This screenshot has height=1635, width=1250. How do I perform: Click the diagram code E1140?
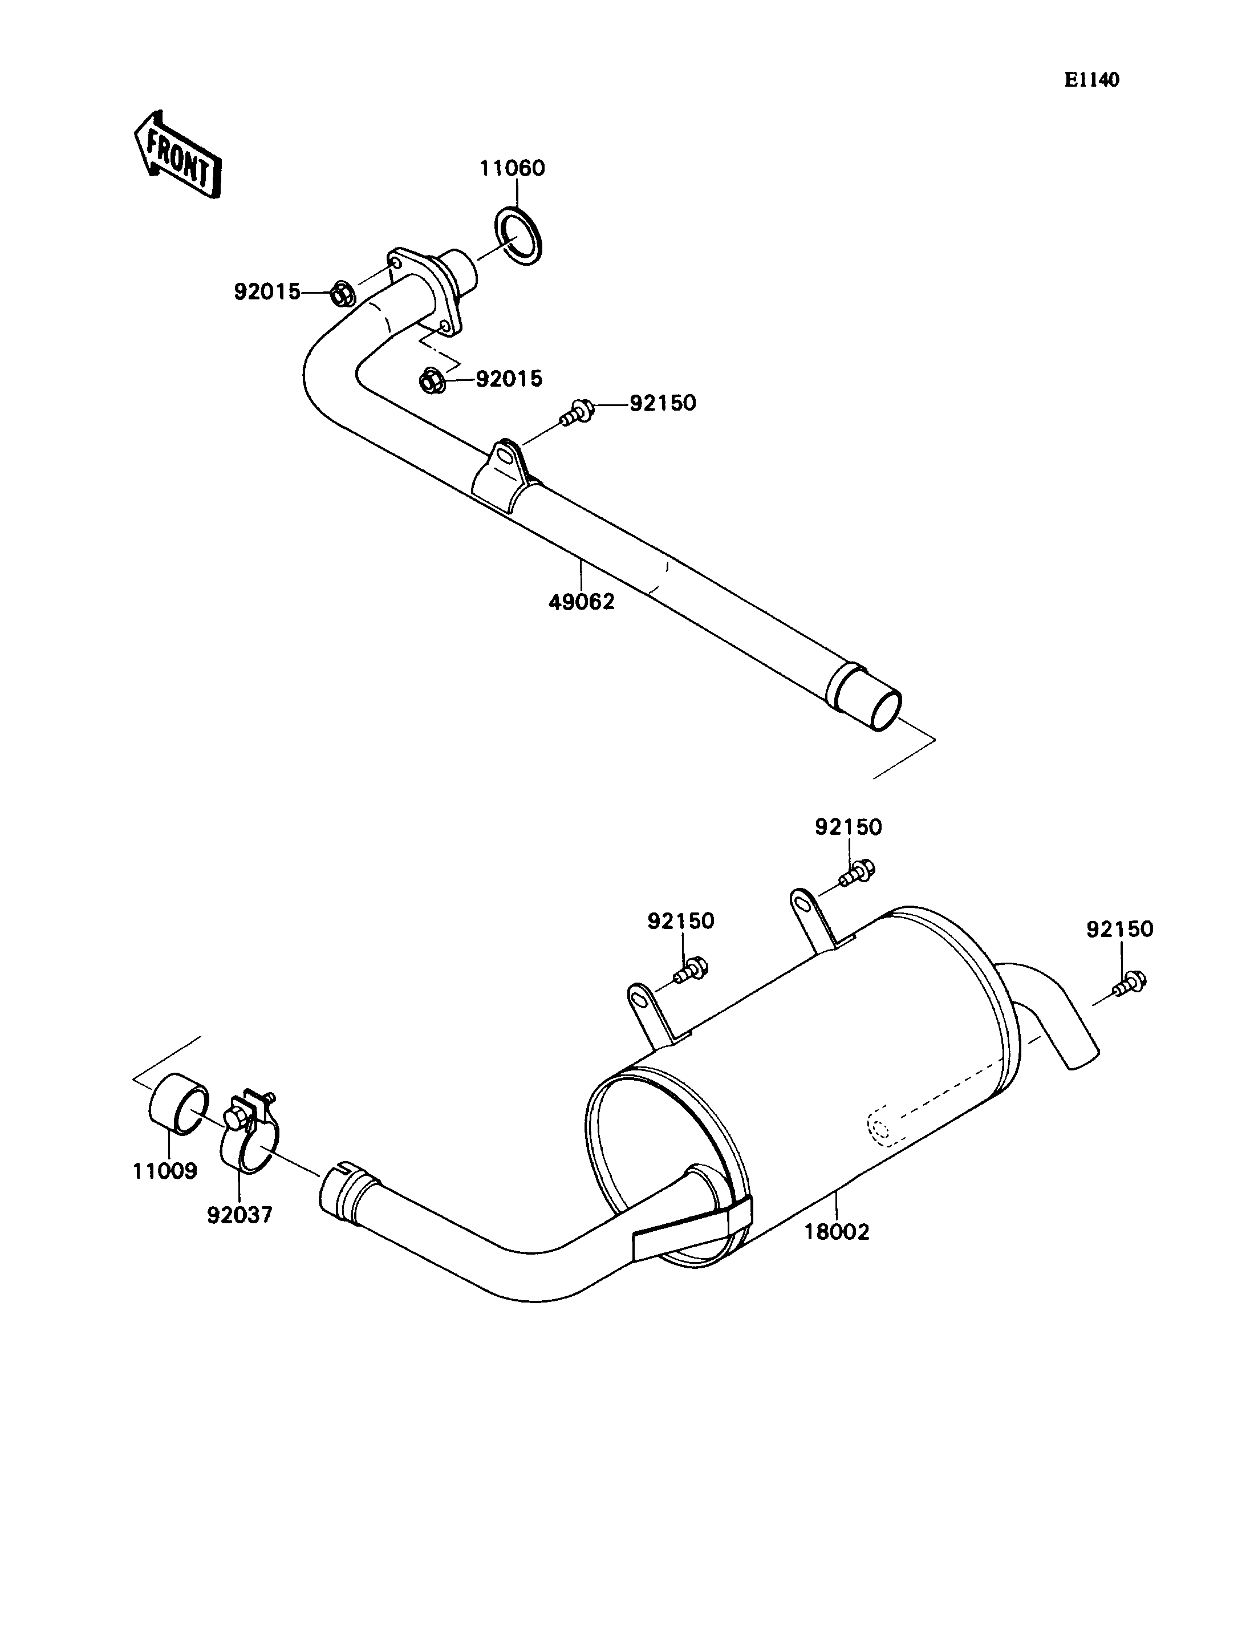pyautogui.click(x=1091, y=80)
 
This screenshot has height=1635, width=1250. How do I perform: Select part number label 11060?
pyautogui.click(x=512, y=168)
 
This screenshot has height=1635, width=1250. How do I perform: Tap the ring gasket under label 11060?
pyautogui.click(x=518, y=237)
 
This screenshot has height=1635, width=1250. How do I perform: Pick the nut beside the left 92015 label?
pyautogui.click(x=342, y=295)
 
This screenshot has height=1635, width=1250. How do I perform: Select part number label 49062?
pyautogui.click(x=581, y=602)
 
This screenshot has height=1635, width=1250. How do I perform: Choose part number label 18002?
pyautogui.click(x=837, y=1232)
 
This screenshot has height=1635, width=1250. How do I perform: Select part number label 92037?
pyautogui.click(x=240, y=1215)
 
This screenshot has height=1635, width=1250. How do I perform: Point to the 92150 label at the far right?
pyautogui.click(x=1119, y=929)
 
